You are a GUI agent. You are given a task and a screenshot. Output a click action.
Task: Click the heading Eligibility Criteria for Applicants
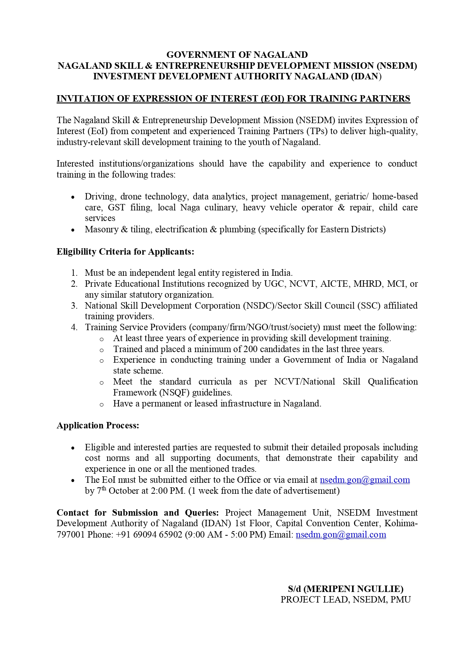point(125,252)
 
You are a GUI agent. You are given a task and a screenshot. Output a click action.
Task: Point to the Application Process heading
point(98,425)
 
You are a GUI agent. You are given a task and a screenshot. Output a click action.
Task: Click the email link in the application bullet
point(365,480)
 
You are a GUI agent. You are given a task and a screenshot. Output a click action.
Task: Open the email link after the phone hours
point(341,535)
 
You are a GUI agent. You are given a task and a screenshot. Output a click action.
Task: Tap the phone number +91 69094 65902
point(149,535)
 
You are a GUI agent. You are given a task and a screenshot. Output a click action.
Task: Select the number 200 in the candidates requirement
point(251,349)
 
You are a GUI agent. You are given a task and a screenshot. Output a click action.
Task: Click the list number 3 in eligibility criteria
point(74,306)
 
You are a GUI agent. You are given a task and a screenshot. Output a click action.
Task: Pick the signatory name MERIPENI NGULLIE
point(353,589)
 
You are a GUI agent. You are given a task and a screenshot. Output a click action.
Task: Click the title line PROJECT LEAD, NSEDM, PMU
point(345,600)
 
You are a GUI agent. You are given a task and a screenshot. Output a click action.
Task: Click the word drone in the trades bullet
point(131,196)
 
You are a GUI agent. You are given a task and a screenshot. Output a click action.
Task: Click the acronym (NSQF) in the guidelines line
point(174,393)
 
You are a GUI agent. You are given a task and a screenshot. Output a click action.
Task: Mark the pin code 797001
point(71,535)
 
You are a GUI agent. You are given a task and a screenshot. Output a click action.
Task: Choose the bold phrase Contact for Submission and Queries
point(138,513)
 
